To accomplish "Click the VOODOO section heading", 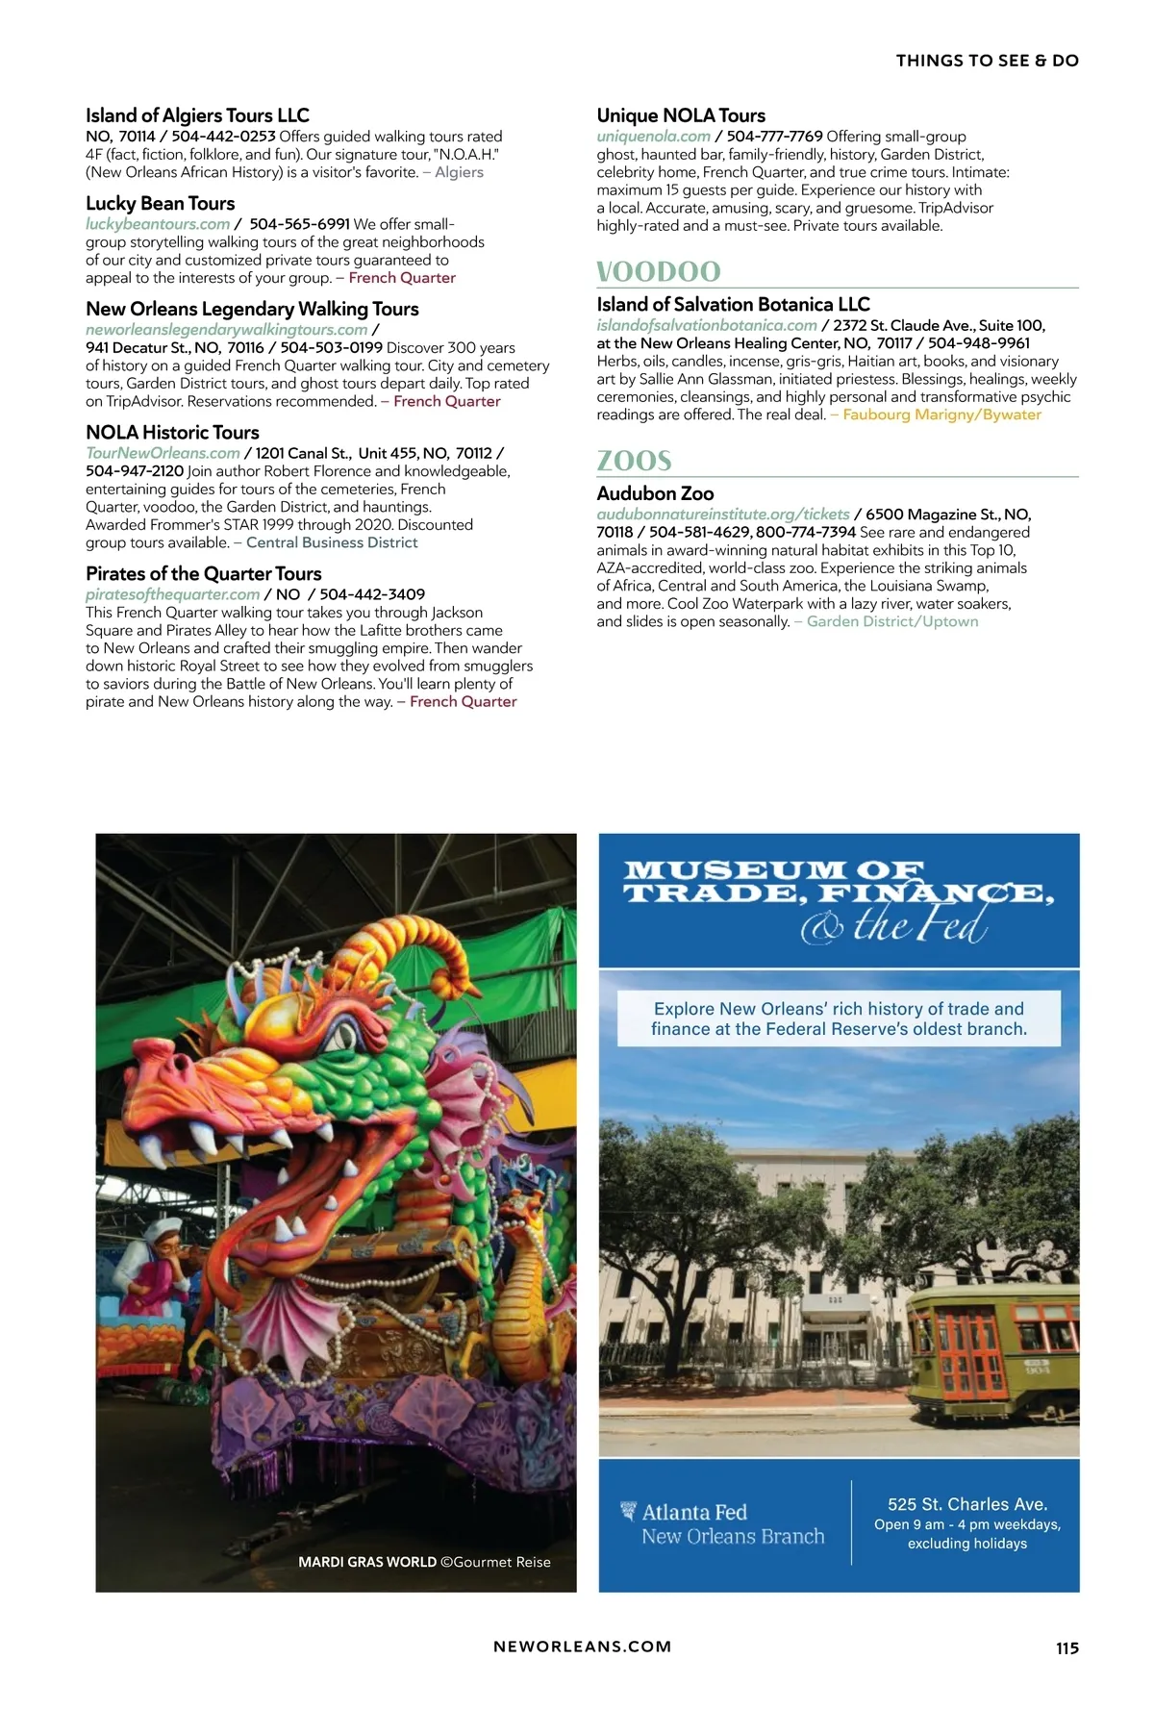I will pos(659,272).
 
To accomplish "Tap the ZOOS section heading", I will pos(635,461).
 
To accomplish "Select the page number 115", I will pos(1066,1647).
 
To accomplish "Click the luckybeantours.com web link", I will pos(158,224).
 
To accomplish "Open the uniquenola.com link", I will pos(653,137).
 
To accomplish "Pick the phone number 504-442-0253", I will pos(223,137).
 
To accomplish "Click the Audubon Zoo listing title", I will pos(655,493).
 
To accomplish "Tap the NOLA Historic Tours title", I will pos(172,432).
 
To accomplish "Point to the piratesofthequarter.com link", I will pos(172,594).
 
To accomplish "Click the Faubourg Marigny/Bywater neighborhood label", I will pos(941,415).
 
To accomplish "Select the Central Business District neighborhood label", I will pos(332,542).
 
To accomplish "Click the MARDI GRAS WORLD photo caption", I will pos(424,1562).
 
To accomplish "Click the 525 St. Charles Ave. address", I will pos(966,1504).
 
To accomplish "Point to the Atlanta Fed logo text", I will pos(694,1512).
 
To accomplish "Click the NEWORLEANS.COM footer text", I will pos(582,1647).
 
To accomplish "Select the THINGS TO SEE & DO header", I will pos(987,61).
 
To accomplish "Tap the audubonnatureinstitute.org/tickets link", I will pos(723,515).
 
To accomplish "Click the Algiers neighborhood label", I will pos(459,172).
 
